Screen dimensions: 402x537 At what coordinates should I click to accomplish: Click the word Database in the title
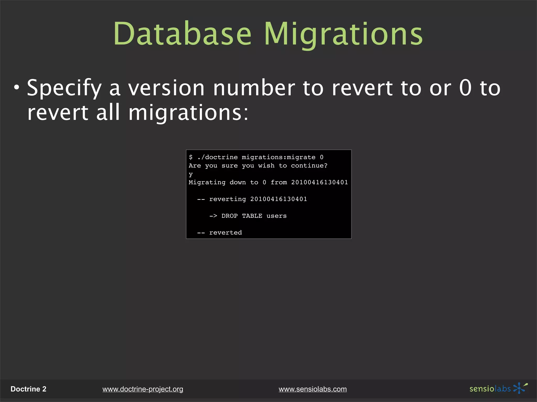pyautogui.click(x=182, y=34)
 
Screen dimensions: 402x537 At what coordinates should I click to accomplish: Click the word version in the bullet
pyautogui.click(x=166, y=88)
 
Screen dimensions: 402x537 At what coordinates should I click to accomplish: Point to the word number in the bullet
pyautogui.click(x=254, y=88)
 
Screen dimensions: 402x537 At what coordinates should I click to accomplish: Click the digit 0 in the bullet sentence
pyautogui.click(x=465, y=88)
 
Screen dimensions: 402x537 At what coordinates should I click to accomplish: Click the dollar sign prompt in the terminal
pyautogui.click(x=191, y=157)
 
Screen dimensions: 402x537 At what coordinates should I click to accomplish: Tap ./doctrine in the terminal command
pyautogui.click(x=218, y=157)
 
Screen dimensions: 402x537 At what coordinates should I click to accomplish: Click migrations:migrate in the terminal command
pyautogui.click(x=278, y=157)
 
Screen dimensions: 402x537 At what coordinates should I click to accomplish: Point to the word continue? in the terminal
pyautogui.click(x=309, y=166)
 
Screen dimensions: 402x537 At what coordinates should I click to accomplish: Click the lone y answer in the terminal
pyautogui.click(x=191, y=174)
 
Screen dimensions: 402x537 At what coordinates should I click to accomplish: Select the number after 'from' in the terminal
pyautogui.click(x=319, y=182)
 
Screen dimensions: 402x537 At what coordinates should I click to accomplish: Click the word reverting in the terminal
pyautogui.click(x=227, y=199)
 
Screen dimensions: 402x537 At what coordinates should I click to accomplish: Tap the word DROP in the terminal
pyautogui.click(x=229, y=216)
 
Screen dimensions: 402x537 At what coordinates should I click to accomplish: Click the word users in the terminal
pyautogui.click(x=276, y=216)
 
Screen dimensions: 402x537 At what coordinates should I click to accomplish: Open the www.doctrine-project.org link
pyautogui.click(x=143, y=389)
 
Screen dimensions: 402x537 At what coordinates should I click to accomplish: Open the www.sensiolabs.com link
pyautogui.click(x=313, y=389)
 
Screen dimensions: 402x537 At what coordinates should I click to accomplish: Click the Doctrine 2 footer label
pyautogui.click(x=28, y=389)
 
